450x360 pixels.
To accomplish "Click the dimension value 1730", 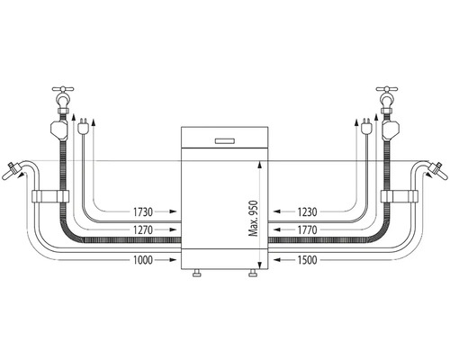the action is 143,212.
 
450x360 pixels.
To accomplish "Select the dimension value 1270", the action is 143,230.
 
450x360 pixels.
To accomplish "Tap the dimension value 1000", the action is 143,260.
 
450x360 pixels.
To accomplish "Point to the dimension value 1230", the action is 307,212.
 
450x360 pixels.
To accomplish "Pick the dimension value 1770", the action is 307,230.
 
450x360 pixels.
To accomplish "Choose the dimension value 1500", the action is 307,260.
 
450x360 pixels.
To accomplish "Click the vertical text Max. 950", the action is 254,218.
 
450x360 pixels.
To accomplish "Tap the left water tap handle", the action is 63,89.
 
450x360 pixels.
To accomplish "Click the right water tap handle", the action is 387,89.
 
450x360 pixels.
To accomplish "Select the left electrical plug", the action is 82,126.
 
